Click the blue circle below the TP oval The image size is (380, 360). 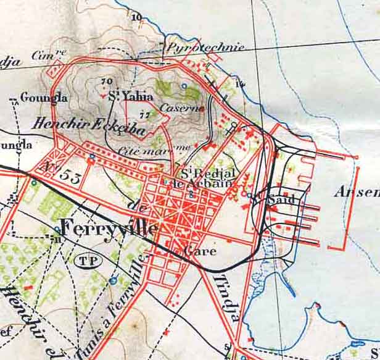tap(112, 282)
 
